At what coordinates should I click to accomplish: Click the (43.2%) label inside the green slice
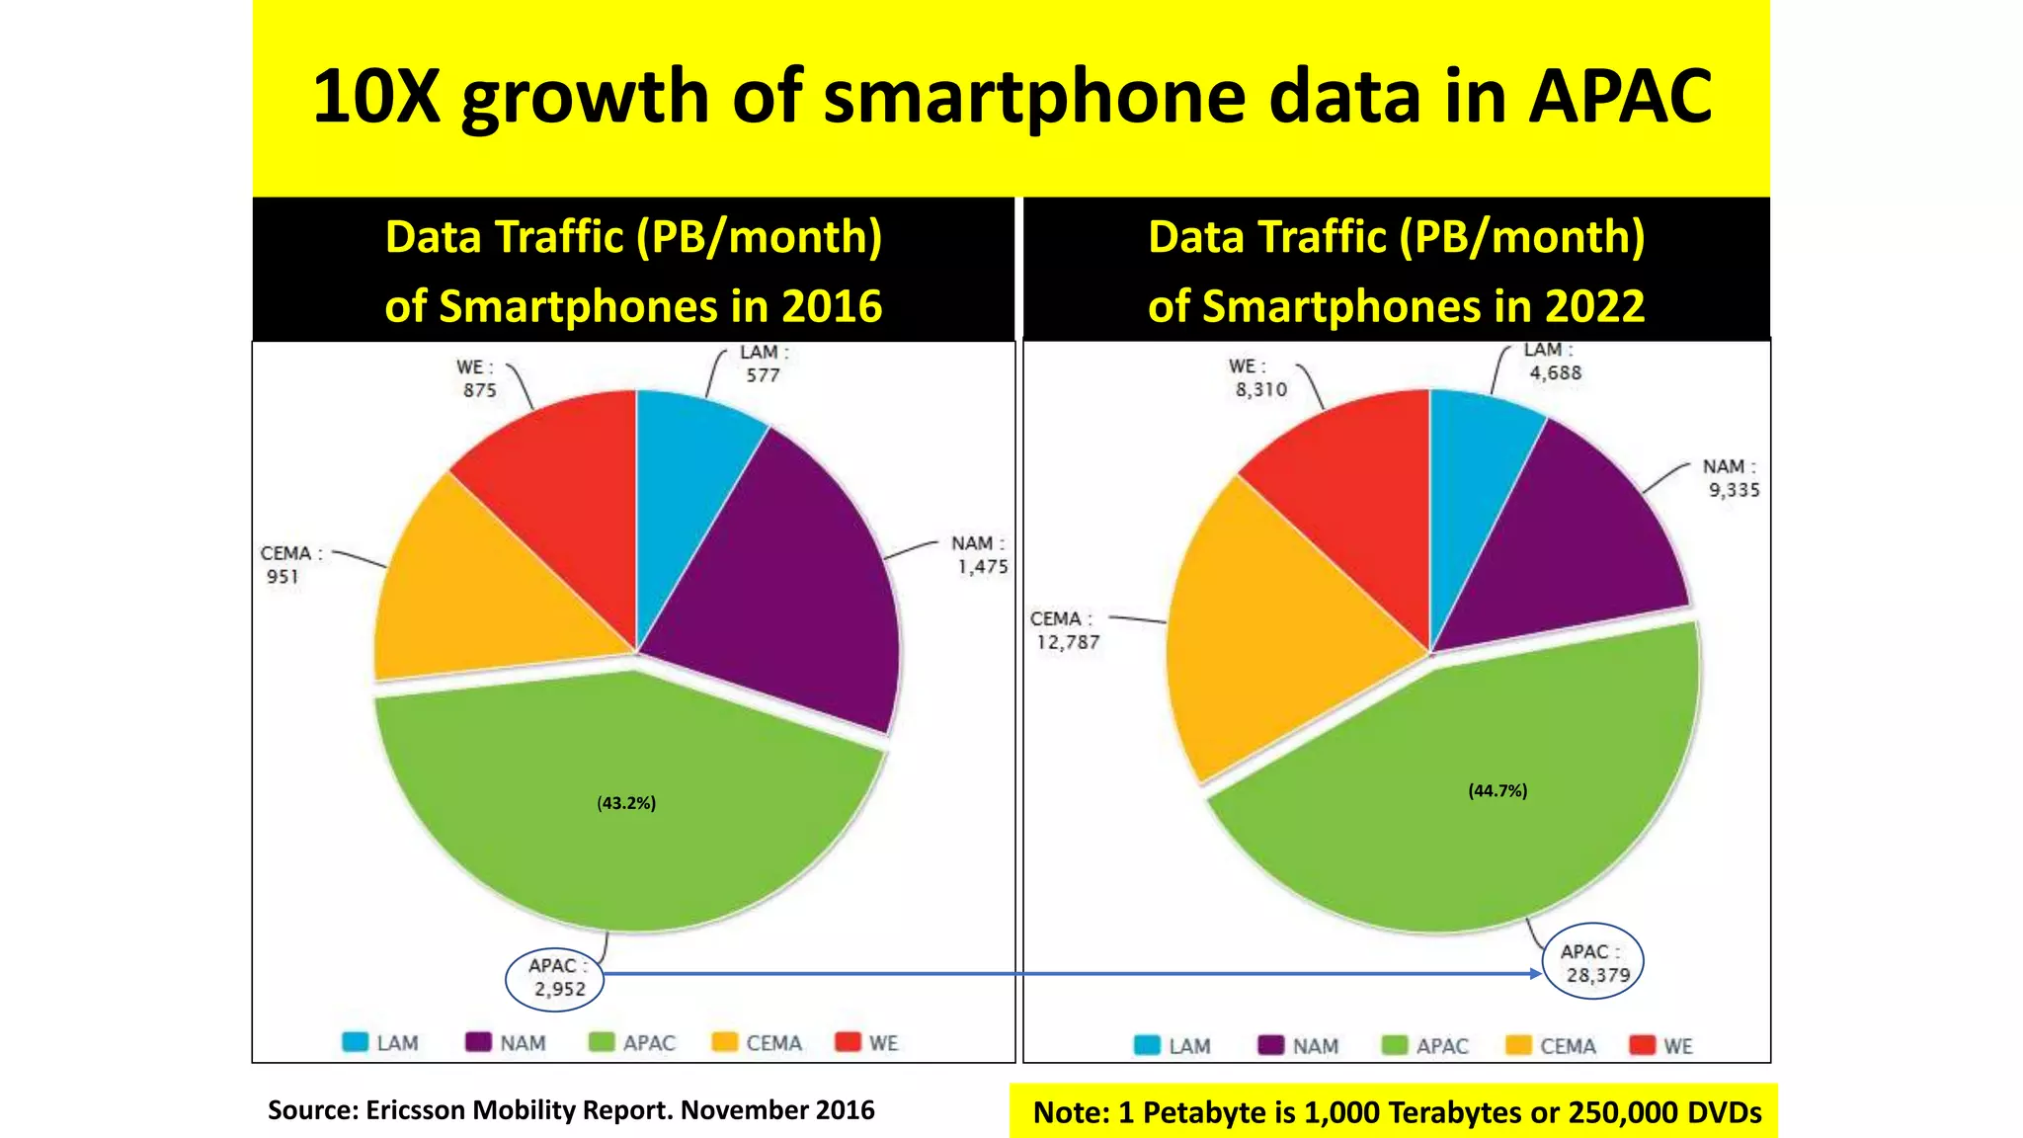click(626, 803)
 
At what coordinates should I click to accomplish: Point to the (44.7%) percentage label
click(1497, 790)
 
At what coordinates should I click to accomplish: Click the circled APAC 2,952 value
click(557, 978)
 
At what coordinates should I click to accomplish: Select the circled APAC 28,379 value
click(1594, 963)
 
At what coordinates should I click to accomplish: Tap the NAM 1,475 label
click(980, 555)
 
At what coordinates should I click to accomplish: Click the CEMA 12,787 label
click(1065, 630)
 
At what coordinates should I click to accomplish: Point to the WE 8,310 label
click(1259, 378)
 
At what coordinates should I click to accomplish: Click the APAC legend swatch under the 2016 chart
click(602, 1042)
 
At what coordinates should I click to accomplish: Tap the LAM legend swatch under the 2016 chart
click(355, 1042)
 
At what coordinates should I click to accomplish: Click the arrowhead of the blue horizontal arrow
click(1535, 973)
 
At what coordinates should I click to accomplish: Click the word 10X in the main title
click(375, 97)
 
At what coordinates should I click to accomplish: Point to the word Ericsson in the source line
click(416, 1109)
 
